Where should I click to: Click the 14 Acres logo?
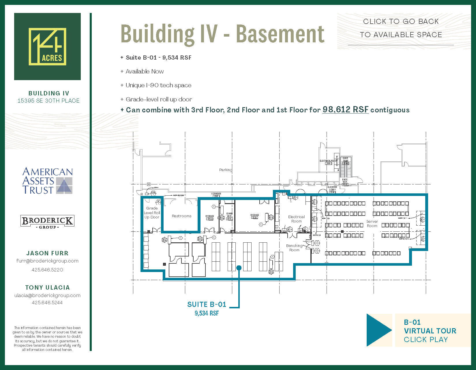click(x=47, y=46)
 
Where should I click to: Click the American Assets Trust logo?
click(x=48, y=181)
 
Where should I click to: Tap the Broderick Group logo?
click(x=47, y=222)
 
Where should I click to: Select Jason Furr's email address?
click(x=47, y=261)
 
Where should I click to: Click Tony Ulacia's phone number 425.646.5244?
click(x=47, y=303)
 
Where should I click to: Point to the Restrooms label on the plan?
click(x=181, y=216)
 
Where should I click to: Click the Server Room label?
click(x=372, y=224)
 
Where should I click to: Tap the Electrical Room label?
click(x=296, y=219)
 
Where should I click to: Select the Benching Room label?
click(x=294, y=248)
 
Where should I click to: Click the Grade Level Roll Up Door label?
click(x=152, y=213)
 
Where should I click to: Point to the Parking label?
click(x=226, y=170)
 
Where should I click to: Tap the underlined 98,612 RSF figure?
click(x=345, y=110)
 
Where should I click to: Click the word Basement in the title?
click(x=280, y=34)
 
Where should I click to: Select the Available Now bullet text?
click(x=145, y=71)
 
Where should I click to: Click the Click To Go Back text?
click(x=401, y=22)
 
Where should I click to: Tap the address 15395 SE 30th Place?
click(x=48, y=101)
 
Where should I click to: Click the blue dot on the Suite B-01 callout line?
click(x=239, y=268)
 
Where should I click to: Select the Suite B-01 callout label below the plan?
click(x=207, y=305)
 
